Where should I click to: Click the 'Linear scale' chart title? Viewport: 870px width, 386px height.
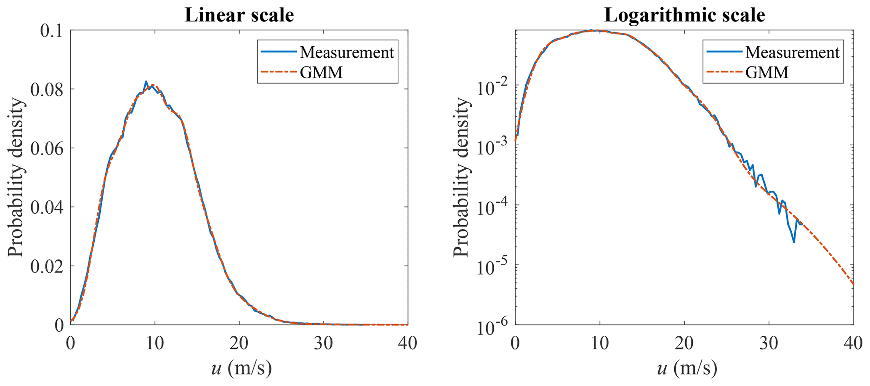coord(239,16)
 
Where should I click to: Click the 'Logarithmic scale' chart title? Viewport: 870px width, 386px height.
coord(684,16)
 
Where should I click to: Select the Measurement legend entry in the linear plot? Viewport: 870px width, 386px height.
coord(346,53)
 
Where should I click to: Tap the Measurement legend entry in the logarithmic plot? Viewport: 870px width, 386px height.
coord(792,53)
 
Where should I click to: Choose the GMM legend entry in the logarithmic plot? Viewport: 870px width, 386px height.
coord(767,72)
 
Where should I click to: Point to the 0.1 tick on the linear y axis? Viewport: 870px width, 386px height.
coord(53,31)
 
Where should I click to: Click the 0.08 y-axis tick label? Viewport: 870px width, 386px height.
coord(47,89)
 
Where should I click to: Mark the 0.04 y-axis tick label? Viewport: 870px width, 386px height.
coord(47,207)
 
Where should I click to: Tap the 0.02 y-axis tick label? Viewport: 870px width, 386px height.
coord(47,266)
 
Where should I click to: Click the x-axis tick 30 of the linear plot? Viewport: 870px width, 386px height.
coord(323,343)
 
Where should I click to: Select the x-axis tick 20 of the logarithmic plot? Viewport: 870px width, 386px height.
coord(684,343)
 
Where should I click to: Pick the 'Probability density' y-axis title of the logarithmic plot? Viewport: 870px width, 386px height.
coord(461,177)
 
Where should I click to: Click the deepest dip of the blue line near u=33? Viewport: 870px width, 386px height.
coord(794,242)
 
